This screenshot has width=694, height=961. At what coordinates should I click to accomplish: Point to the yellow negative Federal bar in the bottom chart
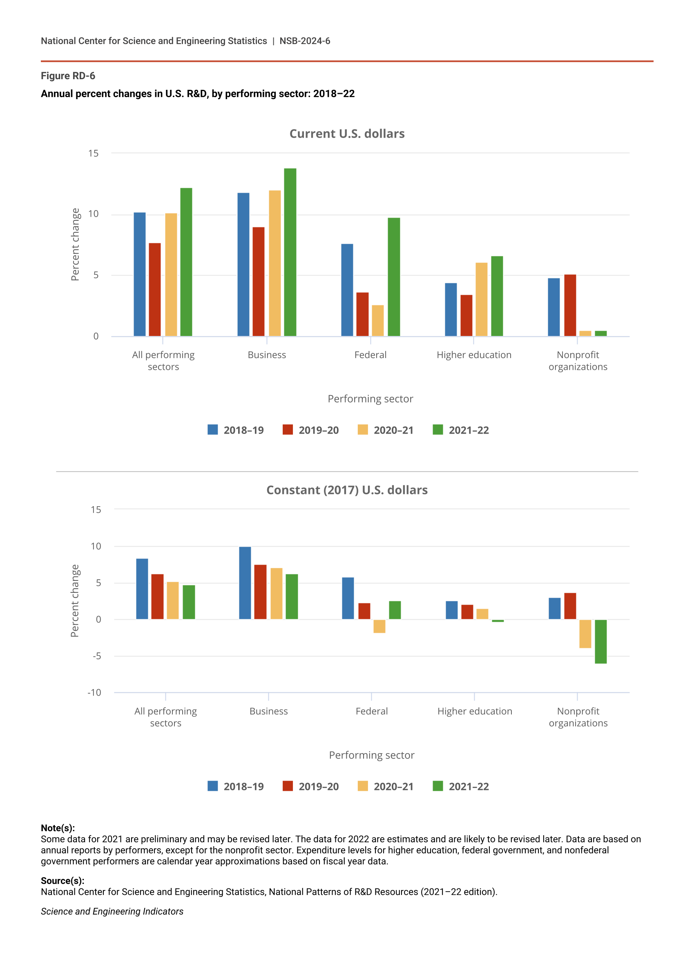point(379,626)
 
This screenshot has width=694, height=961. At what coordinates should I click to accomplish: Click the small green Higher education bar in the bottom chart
point(497,621)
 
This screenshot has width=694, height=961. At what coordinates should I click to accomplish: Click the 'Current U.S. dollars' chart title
point(347,133)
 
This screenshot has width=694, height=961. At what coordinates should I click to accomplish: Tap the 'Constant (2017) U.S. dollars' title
point(347,490)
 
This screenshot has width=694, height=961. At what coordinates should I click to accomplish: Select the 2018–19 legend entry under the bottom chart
point(236,786)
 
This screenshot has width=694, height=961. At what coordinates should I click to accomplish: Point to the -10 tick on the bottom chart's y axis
point(94,692)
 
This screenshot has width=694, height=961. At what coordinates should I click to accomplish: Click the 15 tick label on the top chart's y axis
point(93,153)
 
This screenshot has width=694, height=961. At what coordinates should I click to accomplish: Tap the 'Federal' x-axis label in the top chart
point(370,355)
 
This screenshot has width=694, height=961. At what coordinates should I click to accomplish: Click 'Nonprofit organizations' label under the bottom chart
point(578,717)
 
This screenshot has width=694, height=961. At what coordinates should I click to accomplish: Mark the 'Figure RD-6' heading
point(68,76)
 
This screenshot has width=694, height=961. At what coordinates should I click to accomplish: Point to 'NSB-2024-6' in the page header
point(304,41)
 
